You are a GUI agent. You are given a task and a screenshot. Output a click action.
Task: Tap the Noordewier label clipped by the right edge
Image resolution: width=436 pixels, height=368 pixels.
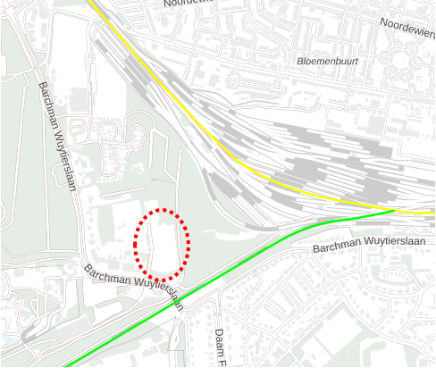tap(407, 27)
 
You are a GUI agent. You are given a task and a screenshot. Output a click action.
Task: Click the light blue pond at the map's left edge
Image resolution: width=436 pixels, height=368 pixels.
tap(4, 282)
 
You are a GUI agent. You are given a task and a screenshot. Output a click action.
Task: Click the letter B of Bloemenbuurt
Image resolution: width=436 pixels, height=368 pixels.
tap(298, 62)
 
